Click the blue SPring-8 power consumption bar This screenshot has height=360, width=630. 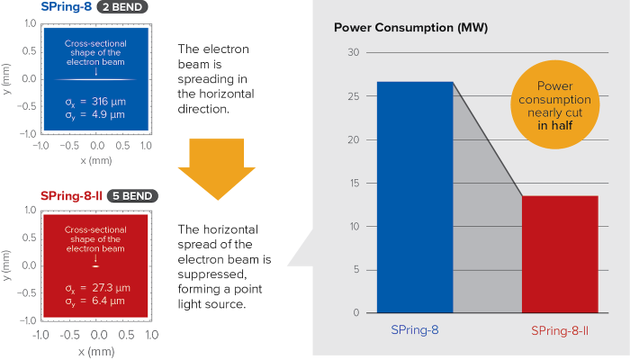[x=415, y=198]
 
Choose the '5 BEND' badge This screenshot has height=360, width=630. [x=131, y=195]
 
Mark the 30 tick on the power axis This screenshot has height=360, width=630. [x=353, y=53]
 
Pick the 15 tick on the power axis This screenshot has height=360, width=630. [x=353, y=184]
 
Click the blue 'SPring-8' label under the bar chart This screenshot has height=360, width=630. [x=415, y=330]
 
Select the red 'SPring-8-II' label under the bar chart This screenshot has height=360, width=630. [x=560, y=330]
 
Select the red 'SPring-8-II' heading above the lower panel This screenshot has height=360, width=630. [x=71, y=195]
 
